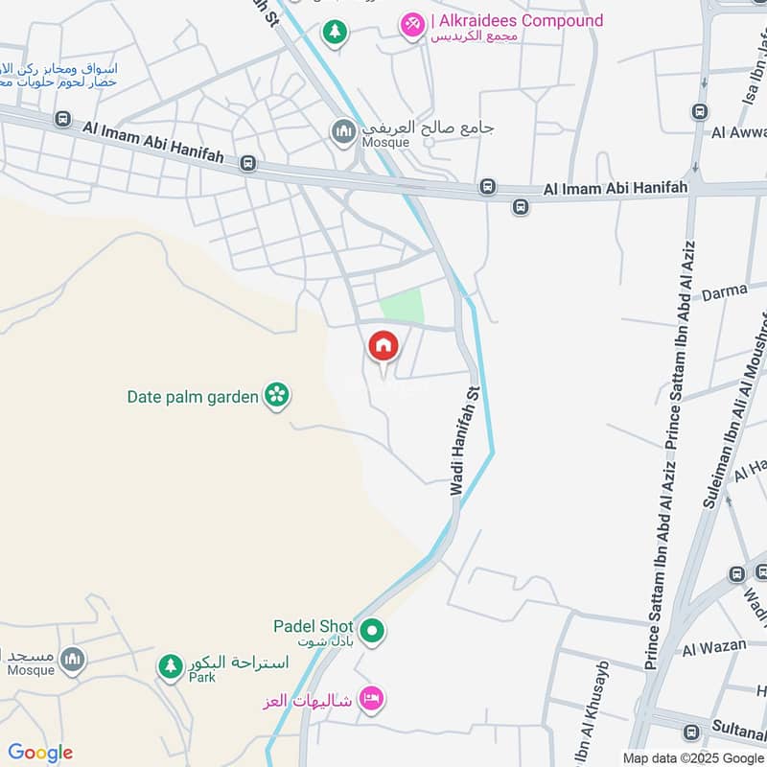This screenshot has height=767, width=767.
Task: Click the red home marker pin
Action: click(383, 346)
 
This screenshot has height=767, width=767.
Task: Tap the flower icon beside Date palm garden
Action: click(277, 395)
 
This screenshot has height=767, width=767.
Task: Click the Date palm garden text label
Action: click(193, 396)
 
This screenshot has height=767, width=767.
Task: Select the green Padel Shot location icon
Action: click(374, 631)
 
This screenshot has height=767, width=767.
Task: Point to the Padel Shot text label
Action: click(314, 626)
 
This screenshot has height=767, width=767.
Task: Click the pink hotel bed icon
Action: click(371, 699)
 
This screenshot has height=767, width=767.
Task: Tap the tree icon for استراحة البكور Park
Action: click(171, 666)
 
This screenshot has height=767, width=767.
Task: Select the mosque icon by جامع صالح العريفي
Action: click(344, 131)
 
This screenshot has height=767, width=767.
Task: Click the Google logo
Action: click(40, 753)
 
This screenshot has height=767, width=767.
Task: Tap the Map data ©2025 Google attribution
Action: click(693, 757)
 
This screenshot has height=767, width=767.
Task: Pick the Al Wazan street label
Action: click(714, 646)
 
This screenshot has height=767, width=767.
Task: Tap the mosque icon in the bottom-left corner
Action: click(72, 660)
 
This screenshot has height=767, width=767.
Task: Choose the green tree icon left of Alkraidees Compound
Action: click(334, 33)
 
